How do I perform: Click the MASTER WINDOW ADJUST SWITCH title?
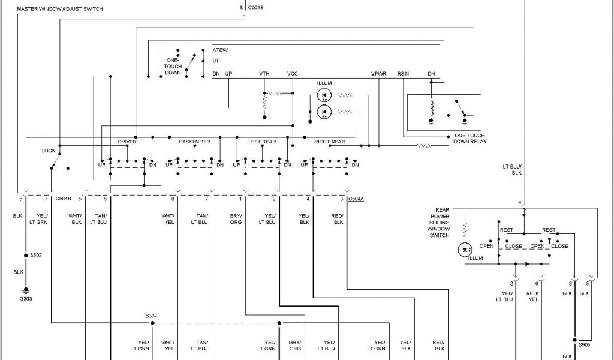(x=59, y=10)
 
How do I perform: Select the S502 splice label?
(x=36, y=255)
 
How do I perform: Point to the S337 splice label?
(x=152, y=315)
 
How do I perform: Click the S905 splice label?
(x=584, y=345)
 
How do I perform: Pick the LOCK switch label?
(x=49, y=151)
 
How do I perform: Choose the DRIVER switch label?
(x=127, y=142)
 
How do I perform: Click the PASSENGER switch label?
(x=194, y=142)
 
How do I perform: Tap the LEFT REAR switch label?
(x=262, y=142)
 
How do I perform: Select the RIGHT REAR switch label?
(x=329, y=142)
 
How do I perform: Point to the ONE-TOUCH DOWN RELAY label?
(x=471, y=139)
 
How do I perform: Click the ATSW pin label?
(x=220, y=49)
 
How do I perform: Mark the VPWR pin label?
(x=378, y=73)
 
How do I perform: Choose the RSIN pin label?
(x=403, y=73)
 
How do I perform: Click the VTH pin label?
(x=264, y=73)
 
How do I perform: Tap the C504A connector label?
(x=356, y=198)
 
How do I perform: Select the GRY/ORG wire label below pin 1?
(x=236, y=219)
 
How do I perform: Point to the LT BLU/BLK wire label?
(x=516, y=169)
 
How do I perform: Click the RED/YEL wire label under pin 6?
(x=533, y=296)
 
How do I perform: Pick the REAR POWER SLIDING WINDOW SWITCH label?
(x=440, y=223)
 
